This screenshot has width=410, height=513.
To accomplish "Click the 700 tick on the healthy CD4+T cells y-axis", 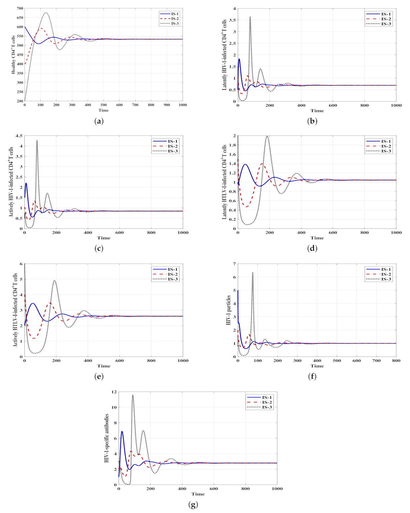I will coord(19,8).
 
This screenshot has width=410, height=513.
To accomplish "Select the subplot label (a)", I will coord(99,121).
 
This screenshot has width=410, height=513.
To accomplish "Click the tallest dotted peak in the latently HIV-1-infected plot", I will coord(250,17).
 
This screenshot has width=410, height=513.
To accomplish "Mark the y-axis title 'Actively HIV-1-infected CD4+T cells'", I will coord(11,182).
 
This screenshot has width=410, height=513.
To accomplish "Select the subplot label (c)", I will coord(99,248).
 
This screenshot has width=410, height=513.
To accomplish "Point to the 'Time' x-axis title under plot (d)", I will coord(317,238).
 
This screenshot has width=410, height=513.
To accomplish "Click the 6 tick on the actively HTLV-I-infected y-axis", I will coord(21,264).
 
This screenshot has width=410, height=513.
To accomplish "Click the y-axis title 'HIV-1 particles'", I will coord(228,310).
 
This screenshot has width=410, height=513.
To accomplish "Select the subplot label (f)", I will coord(312,377).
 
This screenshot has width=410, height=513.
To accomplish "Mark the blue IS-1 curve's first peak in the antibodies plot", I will coord(122,431).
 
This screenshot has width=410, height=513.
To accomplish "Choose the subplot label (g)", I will coord(193,505).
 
